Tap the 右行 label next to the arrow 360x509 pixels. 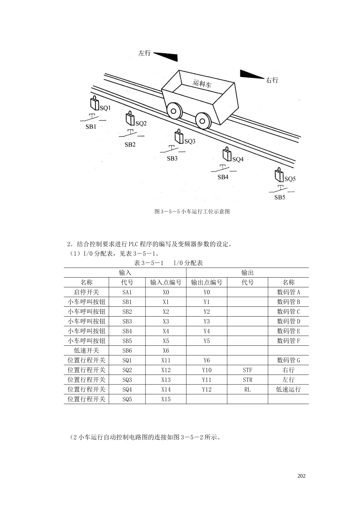click(272, 80)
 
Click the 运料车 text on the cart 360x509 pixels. click(202, 84)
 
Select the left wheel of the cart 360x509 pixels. click(173, 111)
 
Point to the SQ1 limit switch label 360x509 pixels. click(105, 108)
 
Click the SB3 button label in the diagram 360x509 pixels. click(172, 158)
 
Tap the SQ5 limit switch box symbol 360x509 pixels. click(279, 175)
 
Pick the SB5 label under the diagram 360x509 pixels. click(280, 197)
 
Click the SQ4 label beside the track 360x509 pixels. click(238, 159)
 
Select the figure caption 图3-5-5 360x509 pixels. click(192, 212)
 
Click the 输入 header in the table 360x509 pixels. click(125, 273)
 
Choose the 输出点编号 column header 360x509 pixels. click(207, 283)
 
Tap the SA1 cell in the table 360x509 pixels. click(127, 292)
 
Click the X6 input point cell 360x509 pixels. click(166, 351)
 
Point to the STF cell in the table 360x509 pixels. click(247, 370)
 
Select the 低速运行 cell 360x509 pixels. click(288, 390)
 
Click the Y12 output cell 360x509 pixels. click(207, 390)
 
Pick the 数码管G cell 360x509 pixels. click(288, 360)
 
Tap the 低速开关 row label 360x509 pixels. click(86, 351)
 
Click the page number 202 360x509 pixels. click(302, 476)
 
